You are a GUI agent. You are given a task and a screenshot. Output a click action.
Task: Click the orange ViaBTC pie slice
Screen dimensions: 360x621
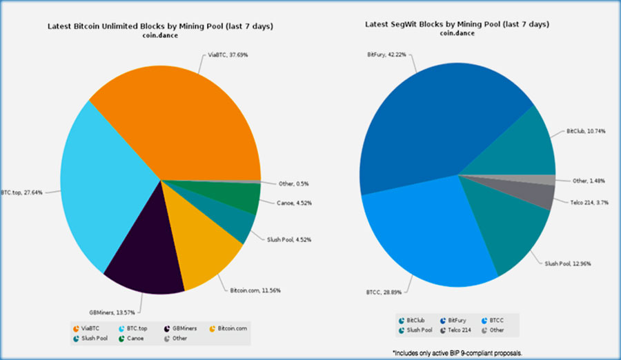click(179, 117)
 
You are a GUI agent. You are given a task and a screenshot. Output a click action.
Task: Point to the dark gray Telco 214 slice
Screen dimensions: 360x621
click(542, 195)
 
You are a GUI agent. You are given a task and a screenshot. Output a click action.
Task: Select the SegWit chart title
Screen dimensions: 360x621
click(457, 24)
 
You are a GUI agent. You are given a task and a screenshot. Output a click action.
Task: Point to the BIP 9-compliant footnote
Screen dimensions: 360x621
click(458, 353)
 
